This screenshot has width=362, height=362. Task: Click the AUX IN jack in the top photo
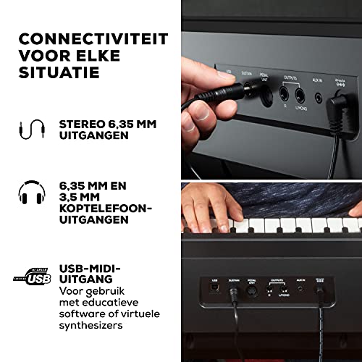click(319, 95)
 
